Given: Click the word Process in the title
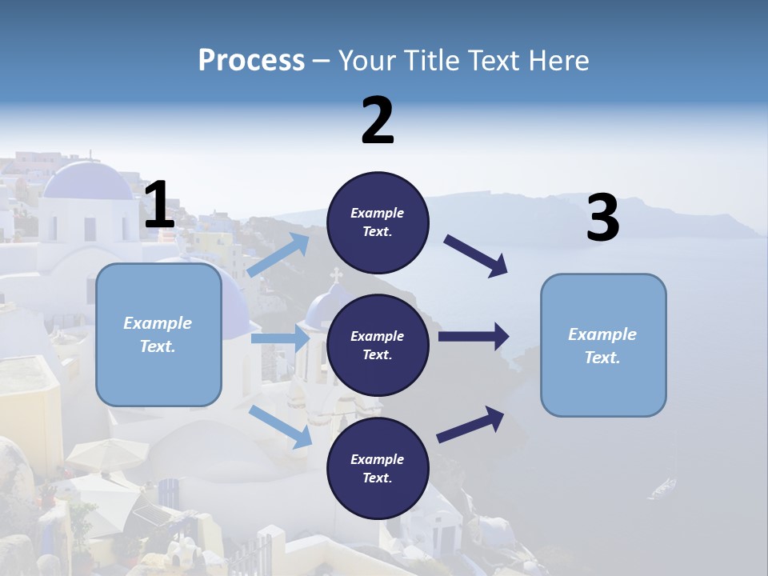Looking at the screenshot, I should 251,61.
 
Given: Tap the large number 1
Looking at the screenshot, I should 159,206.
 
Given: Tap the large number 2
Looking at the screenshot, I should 378,121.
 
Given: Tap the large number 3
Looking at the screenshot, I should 602,218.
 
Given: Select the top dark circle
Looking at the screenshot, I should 378,222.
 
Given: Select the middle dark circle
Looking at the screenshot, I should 378,346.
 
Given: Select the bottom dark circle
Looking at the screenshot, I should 378,468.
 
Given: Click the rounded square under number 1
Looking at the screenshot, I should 158,334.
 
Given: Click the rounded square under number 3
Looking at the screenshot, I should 603,345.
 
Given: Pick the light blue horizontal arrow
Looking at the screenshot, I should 280,338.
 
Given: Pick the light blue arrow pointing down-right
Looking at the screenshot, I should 281,426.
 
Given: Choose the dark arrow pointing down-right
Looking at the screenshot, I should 477,256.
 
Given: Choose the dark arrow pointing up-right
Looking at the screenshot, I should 470,425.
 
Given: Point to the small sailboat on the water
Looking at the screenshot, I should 663,486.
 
